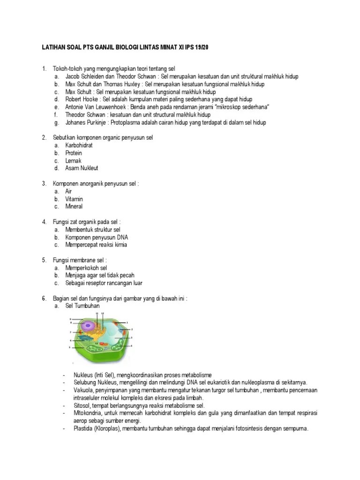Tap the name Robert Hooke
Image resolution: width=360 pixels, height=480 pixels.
tap(81, 99)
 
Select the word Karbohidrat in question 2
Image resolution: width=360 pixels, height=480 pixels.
tap(79, 145)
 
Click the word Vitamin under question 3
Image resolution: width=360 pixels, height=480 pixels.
tap(74, 199)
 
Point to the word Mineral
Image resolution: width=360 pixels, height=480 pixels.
tap(74, 206)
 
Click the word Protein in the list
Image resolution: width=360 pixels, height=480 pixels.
tap(74, 153)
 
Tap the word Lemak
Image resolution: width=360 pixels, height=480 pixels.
tap(74, 161)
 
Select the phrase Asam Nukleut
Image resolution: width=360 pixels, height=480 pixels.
tap(82, 168)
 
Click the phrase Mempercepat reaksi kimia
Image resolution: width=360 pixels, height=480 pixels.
tap(96, 245)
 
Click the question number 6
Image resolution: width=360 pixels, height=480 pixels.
tap(44, 298)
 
